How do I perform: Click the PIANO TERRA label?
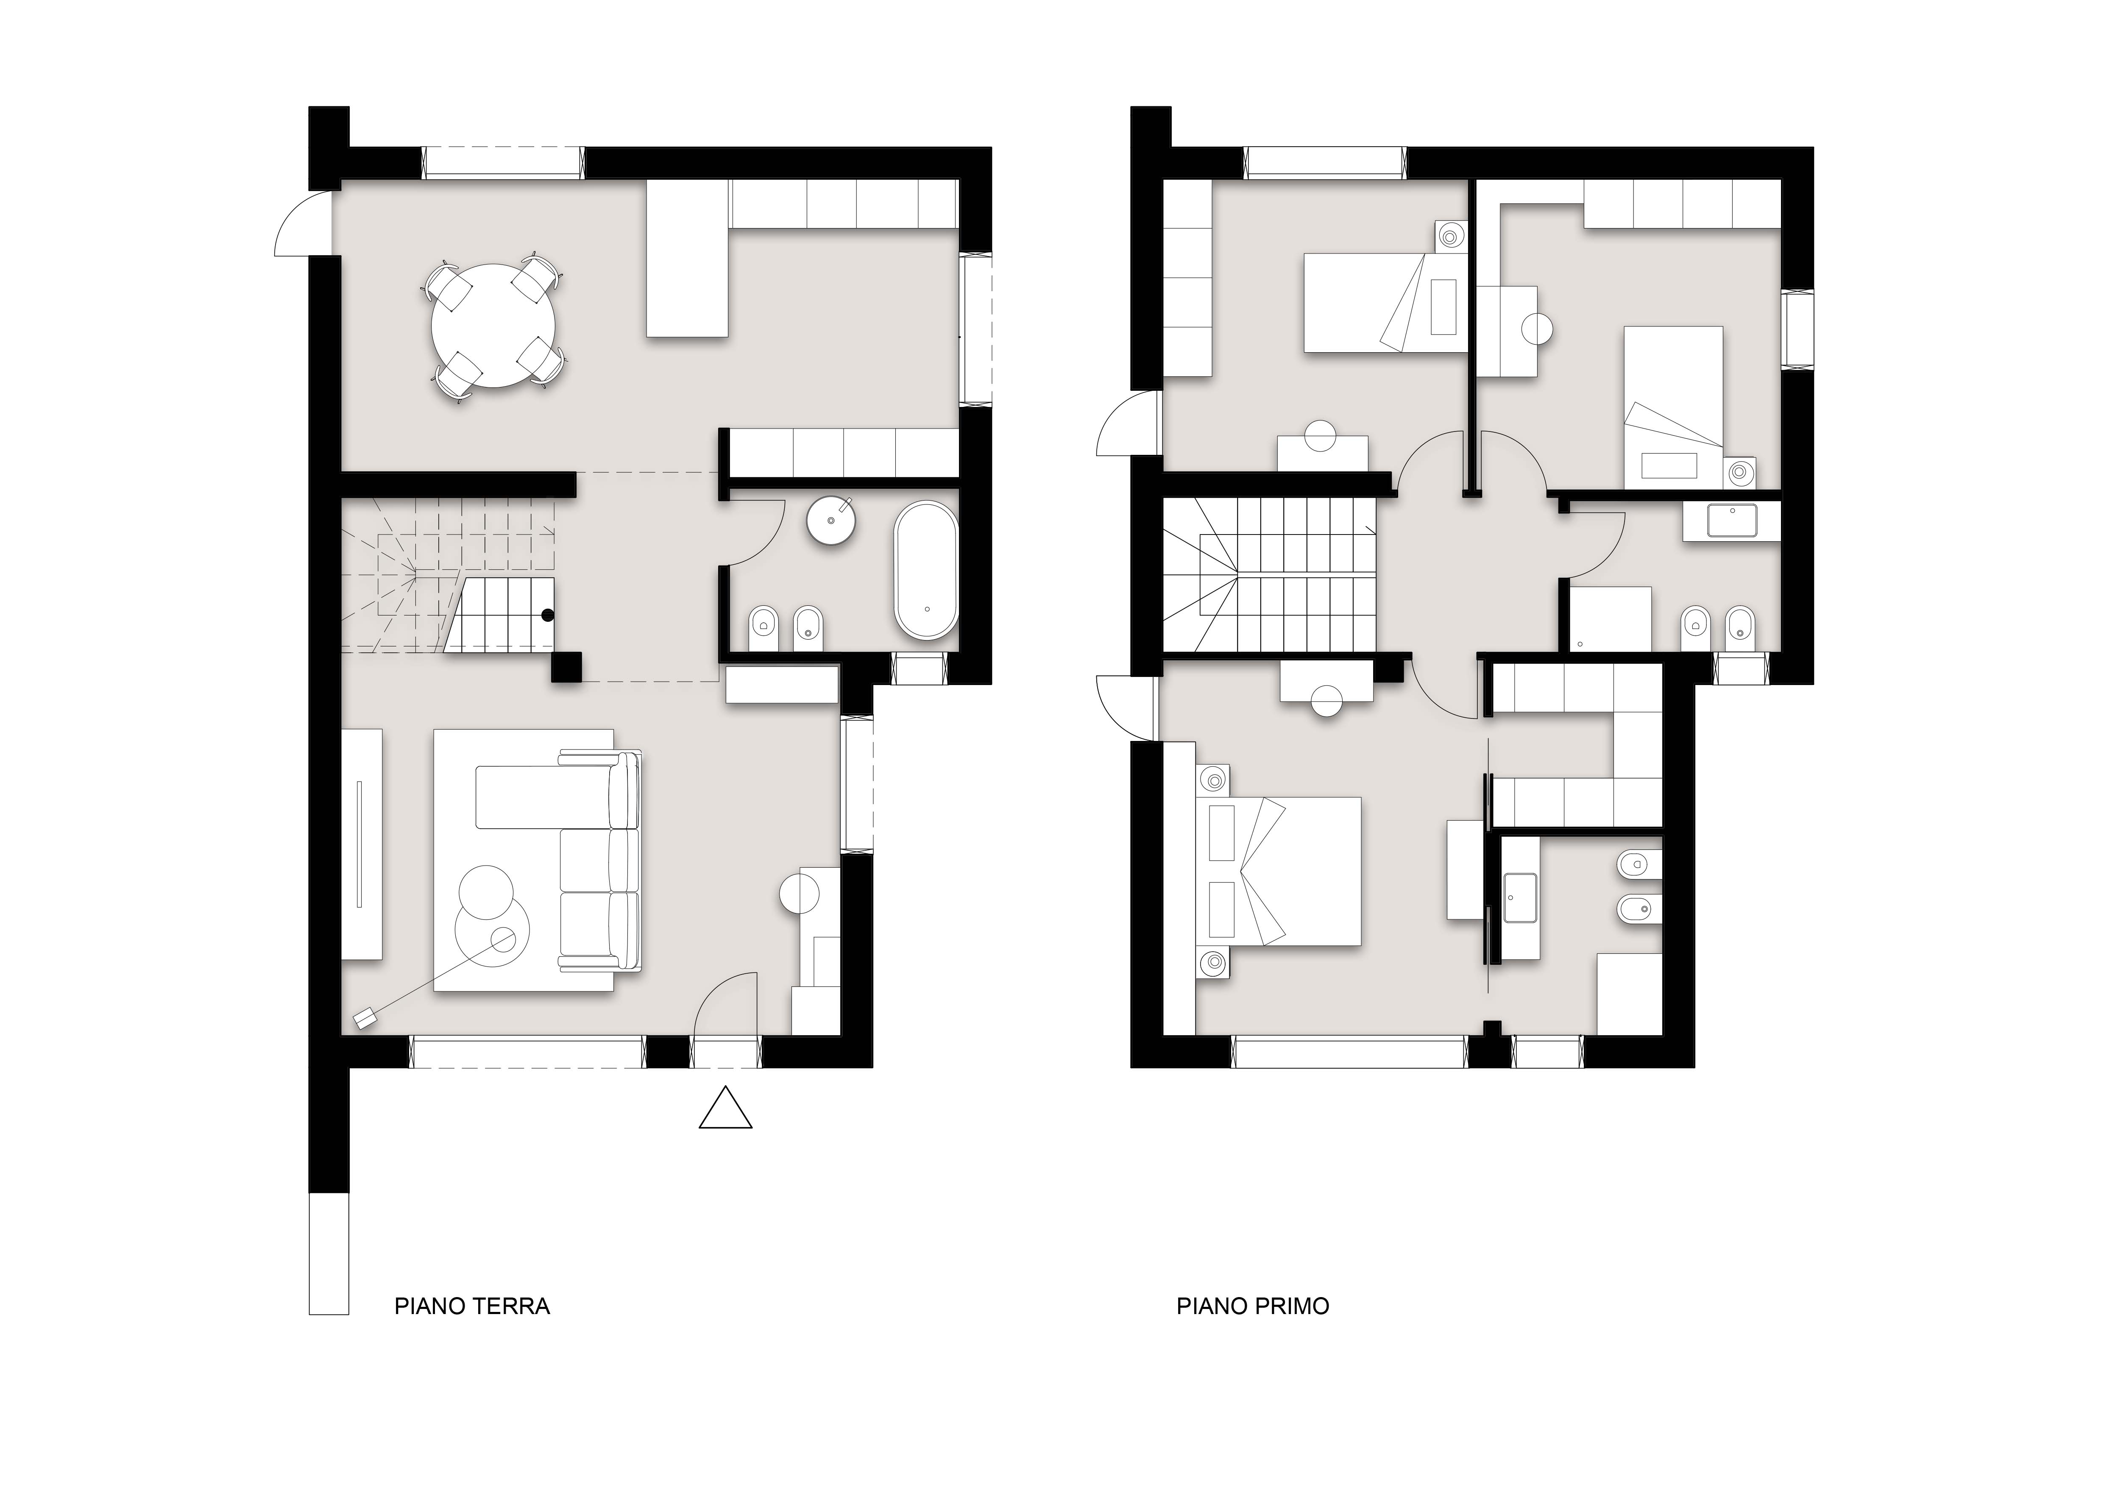click(472, 1306)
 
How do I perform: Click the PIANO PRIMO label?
click(1253, 1306)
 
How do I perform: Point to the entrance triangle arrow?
click(726, 1108)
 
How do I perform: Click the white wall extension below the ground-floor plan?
click(329, 1253)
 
